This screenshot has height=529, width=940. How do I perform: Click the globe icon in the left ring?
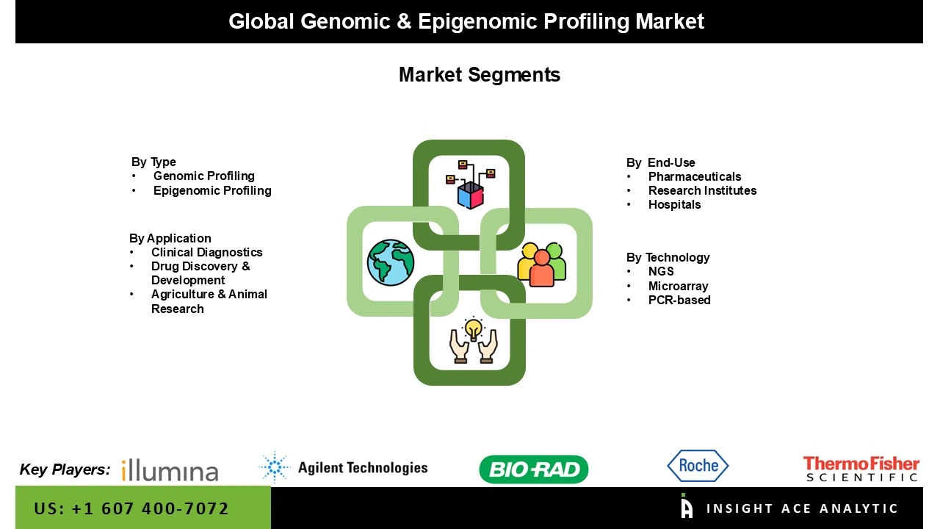[x=391, y=262]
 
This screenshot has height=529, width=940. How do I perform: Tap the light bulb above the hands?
[x=474, y=327]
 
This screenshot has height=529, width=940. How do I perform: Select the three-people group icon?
[x=542, y=263]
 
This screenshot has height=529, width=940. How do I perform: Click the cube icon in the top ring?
[x=470, y=195]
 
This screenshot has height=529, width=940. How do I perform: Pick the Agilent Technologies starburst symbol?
[x=275, y=467]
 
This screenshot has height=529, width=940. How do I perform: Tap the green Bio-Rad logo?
[x=534, y=469]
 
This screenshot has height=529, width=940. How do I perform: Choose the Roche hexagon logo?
[x=698, y=466]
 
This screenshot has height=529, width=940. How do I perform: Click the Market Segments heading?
[x=479, y=75]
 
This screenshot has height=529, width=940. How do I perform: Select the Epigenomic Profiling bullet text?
[x=212, y=190]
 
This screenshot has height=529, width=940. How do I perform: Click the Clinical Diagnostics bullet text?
[x=206, y=252]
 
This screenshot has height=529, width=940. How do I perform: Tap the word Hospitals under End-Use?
[x=674, y=204]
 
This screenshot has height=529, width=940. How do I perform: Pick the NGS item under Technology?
[x=661, y=271]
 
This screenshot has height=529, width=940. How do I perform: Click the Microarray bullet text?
[x=678, y=286]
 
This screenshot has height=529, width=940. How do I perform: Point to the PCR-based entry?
[x=679, y=300]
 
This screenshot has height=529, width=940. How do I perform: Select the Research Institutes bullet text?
[x=702, y=190]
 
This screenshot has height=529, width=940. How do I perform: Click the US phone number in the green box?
[x=131, y=508]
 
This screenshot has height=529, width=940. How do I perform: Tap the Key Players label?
[x=65, y=469]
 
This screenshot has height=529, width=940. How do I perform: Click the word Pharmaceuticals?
[x=695, y=176]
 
